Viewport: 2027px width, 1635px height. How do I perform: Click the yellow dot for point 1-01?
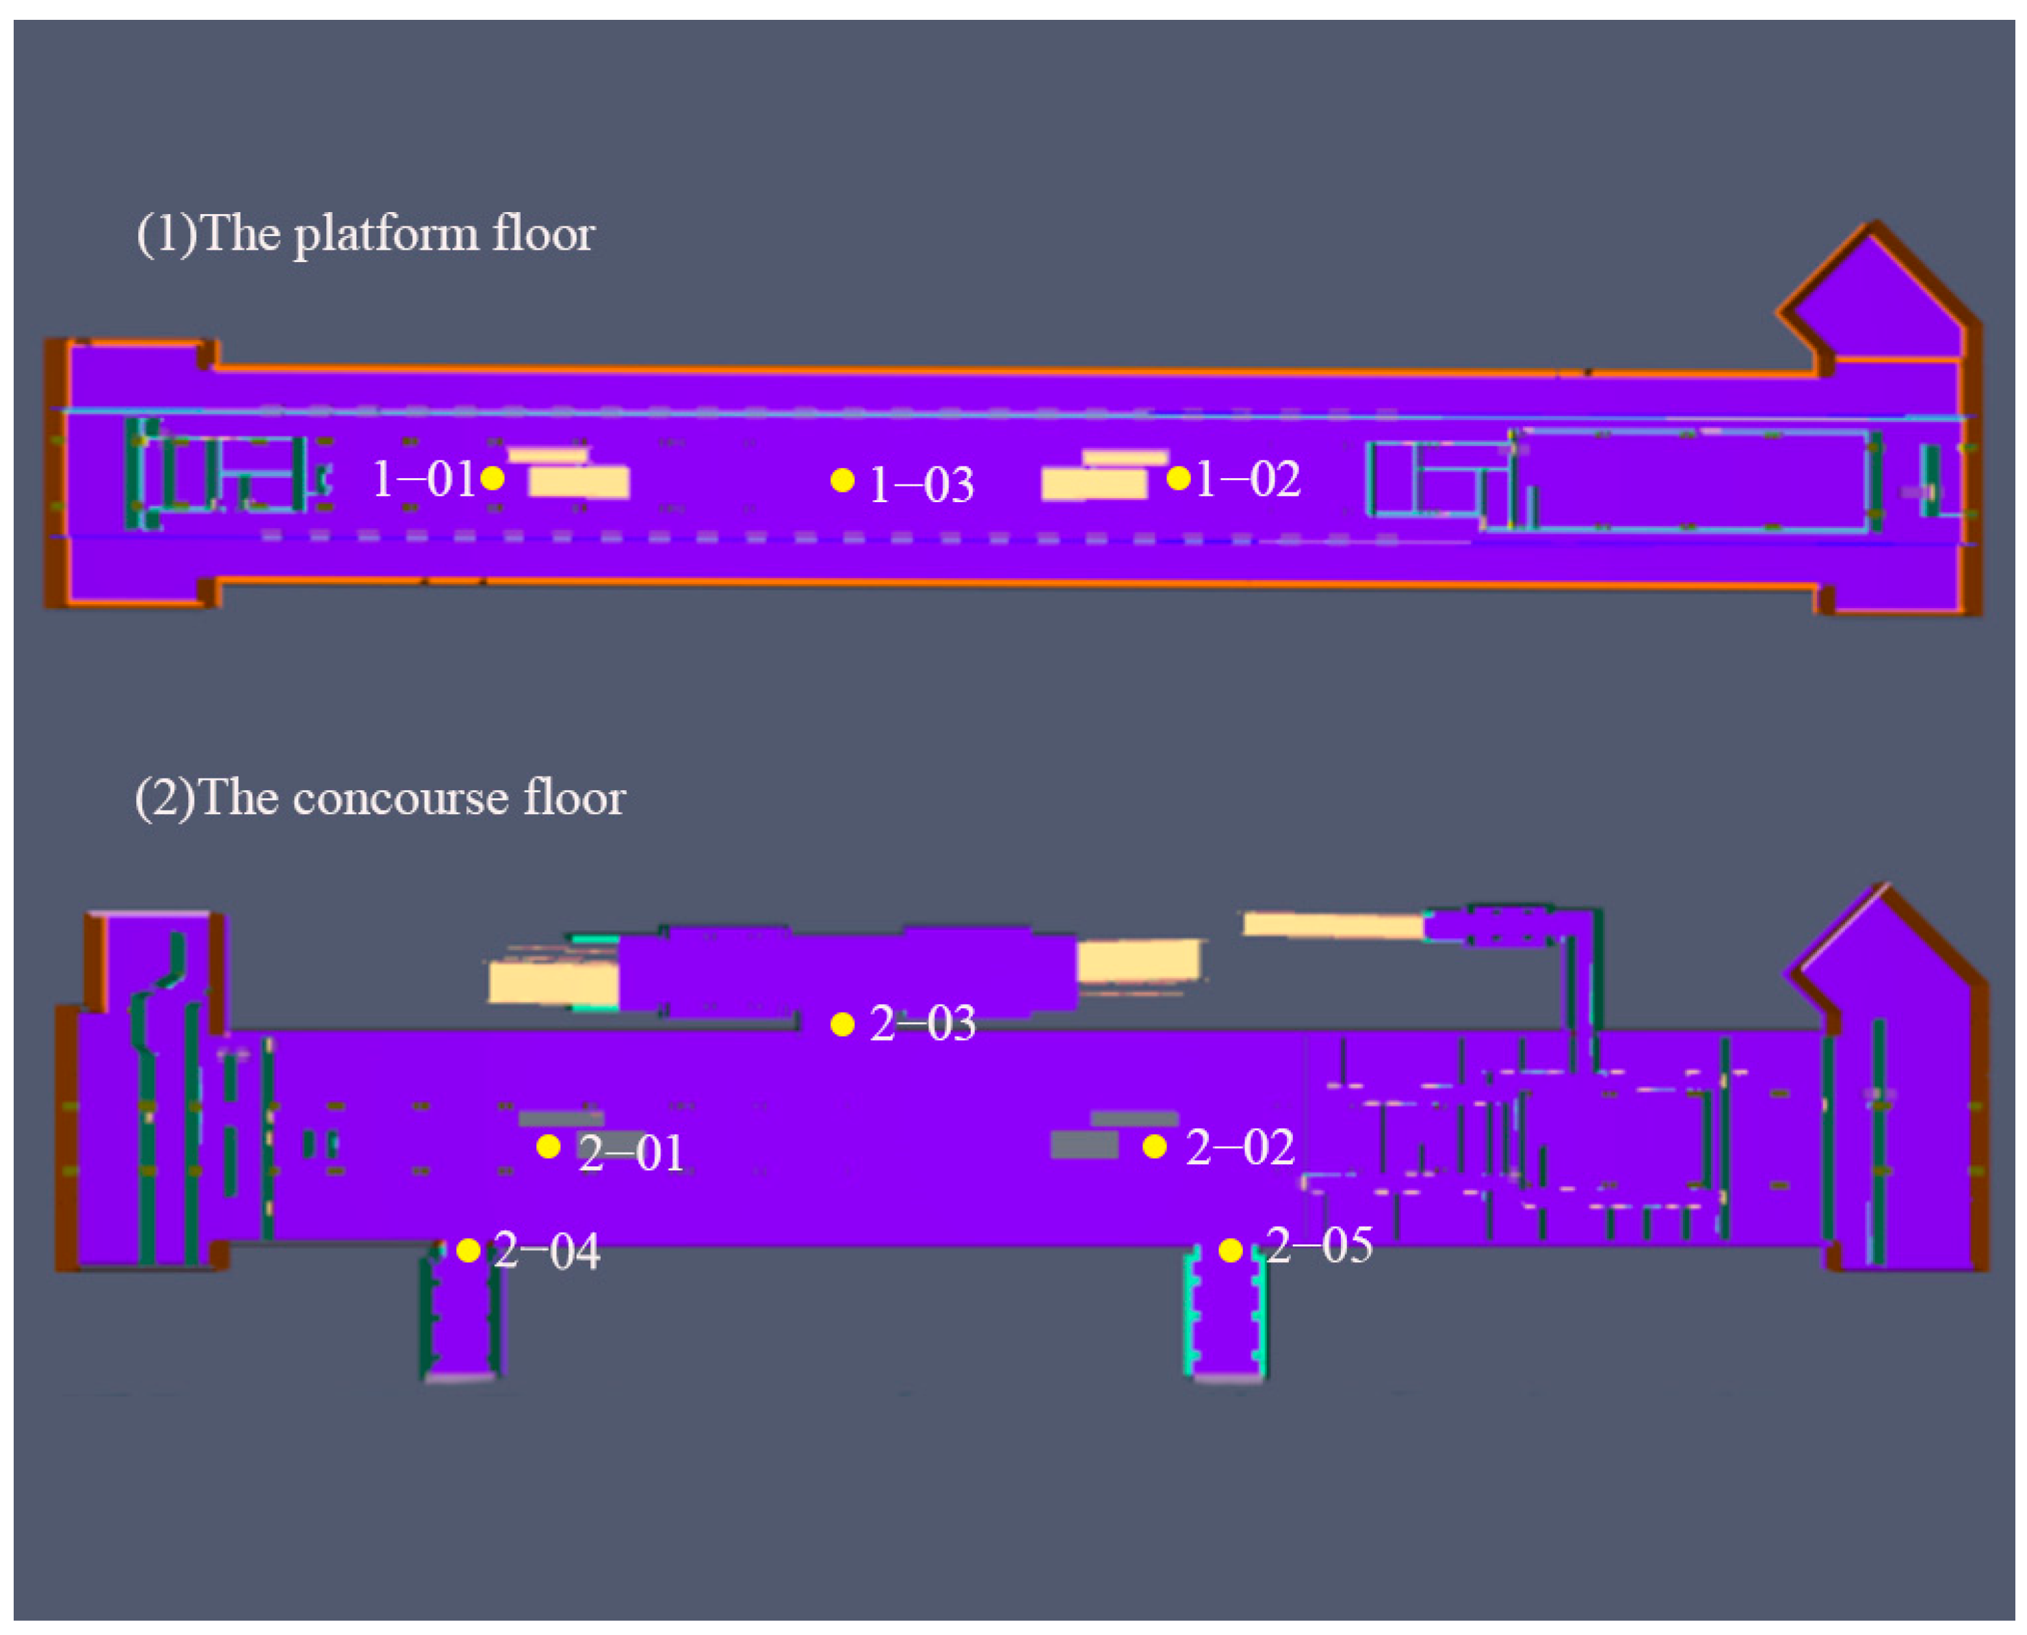coord(492,478)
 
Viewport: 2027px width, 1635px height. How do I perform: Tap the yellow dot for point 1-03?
coord(842,480)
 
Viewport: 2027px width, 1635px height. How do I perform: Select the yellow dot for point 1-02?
coord(1177,478)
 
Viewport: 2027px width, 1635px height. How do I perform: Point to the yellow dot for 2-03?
coord(842,1024)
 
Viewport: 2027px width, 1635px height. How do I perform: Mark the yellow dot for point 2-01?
coord(548,1146)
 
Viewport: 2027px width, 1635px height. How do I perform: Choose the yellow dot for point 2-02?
coord(1155,1146)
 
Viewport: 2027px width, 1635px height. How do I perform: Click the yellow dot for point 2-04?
coord(468,1250)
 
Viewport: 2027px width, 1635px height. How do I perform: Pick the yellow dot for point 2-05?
coord(1230,1250)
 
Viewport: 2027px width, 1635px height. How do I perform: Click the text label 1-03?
coord(921,485)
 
